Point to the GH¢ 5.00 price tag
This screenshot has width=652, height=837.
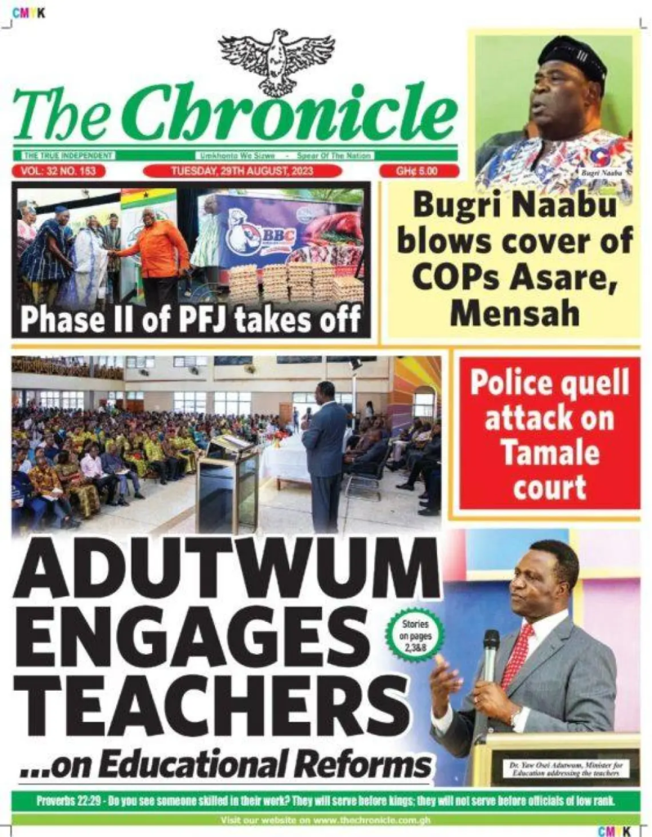click(x=418, y=171)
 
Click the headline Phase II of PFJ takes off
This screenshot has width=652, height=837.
click(x=190, y=320)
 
